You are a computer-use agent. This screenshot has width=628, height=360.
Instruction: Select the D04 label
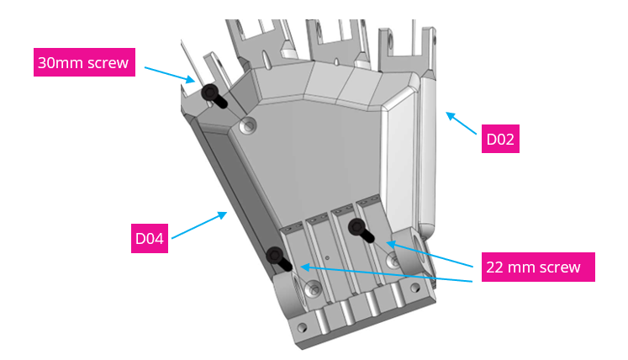point(149,238)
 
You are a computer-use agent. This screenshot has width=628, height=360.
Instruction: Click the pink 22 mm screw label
point(533,267)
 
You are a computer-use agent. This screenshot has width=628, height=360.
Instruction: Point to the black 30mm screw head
point(208,92)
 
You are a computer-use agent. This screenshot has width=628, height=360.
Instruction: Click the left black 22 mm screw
point(277,258)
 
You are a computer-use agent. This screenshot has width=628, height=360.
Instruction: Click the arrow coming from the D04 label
point(200,225)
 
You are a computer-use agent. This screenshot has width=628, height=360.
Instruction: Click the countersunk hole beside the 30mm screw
point(246,127)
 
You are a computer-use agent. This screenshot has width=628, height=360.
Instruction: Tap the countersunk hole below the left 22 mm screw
point(314,289)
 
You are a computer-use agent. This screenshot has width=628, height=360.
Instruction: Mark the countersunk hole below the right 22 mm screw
point(393,262)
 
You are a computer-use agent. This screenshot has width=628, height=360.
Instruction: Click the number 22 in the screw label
point(496,267)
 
